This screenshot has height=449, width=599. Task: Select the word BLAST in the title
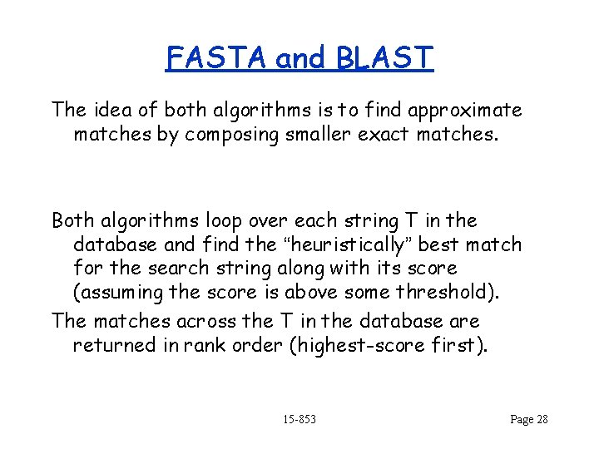point(385,58)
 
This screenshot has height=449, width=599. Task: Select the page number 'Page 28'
point(528,419)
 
